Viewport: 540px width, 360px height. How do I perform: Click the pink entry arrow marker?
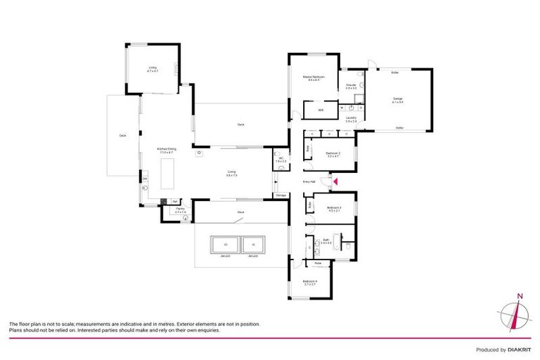point(335,182)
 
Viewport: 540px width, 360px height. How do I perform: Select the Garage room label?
point(398,100)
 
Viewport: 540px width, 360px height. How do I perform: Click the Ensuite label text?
point(350,86)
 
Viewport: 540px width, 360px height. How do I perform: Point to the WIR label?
point(320,110)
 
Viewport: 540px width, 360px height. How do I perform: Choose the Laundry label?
point(351,119)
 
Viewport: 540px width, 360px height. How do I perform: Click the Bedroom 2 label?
point(333,155)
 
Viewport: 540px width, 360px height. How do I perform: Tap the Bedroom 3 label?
point(333,208)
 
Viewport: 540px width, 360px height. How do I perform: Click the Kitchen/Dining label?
point(167,150)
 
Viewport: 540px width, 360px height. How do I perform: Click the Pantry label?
point(180,210)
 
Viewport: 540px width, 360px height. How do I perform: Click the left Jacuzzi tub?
point(225,244)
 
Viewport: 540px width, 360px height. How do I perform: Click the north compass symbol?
point(518,314)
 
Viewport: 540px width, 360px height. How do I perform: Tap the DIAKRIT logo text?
point(516,349)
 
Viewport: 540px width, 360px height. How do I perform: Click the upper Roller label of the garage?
point(394,72)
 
